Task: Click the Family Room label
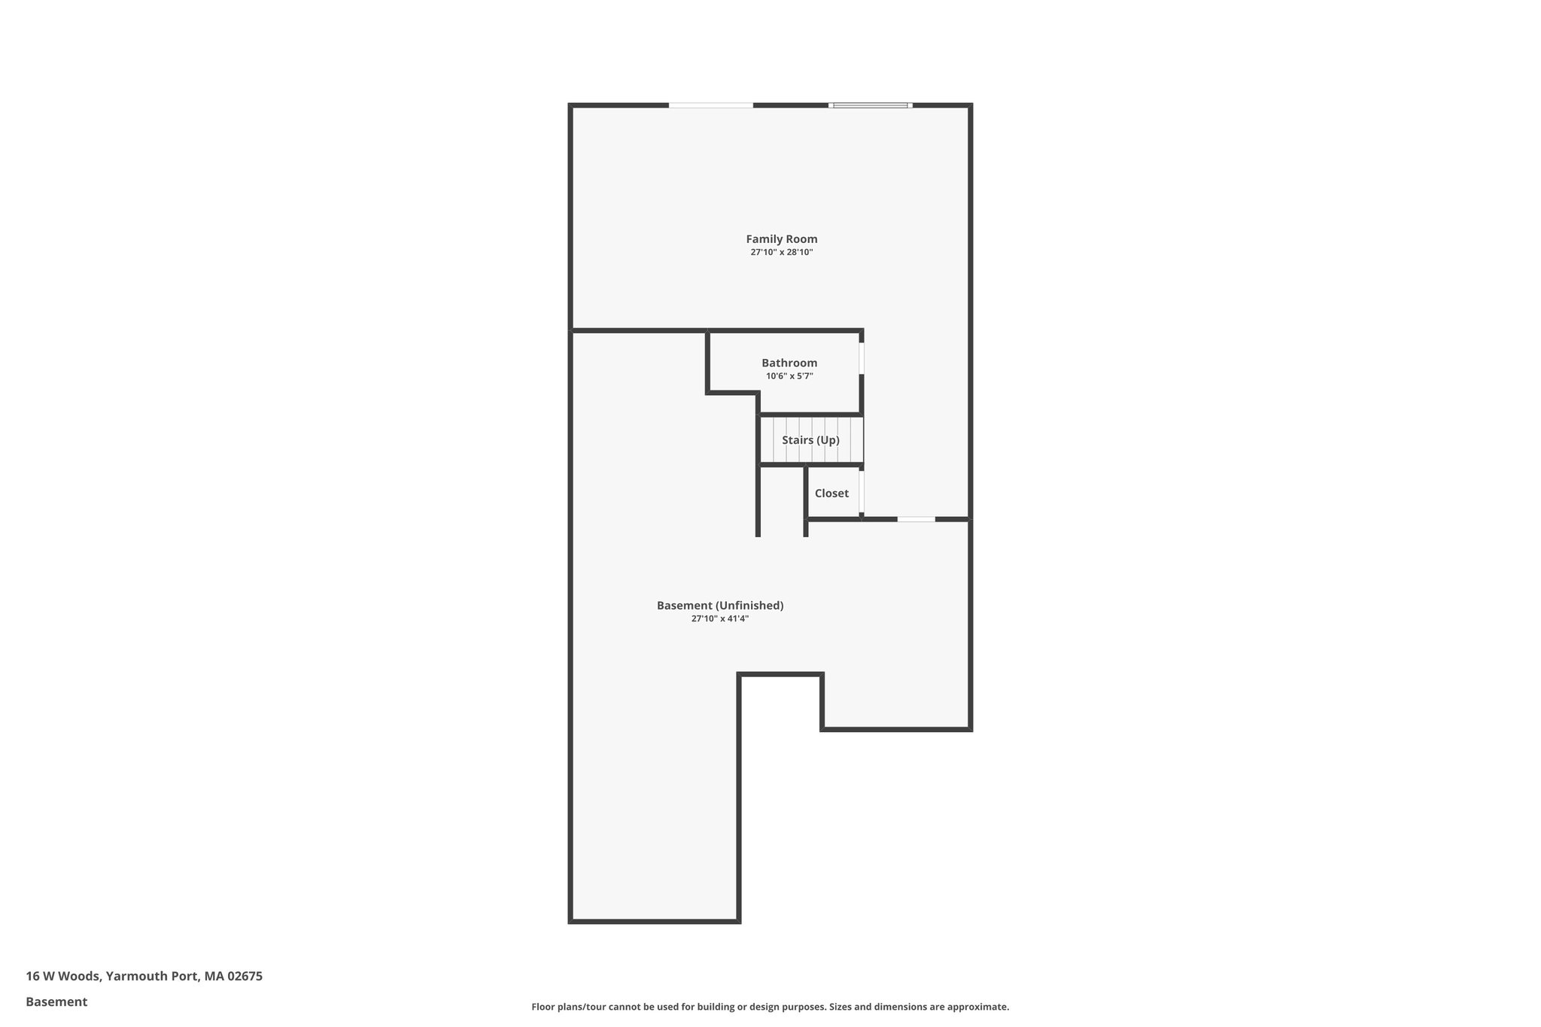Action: pos(781,239)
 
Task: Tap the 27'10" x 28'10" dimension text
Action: pos(781,253)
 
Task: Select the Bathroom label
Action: pos(789,363)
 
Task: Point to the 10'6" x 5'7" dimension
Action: pos(789,376)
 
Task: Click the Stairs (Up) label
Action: pos(810,440)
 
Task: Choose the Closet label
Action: pos(831,494)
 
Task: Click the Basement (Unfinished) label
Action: pos(720,606)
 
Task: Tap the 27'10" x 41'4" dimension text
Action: pos(720,619)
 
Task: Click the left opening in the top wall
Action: pos(710,105)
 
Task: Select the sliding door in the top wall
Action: pos(871,105)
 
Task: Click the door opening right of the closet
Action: pos(916,519)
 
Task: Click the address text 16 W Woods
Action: pos(62,977)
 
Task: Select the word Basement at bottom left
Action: pos(56,1002)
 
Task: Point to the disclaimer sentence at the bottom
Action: pos(770,1007)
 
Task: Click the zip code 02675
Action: pos(245,977)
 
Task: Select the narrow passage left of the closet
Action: pos(782,500)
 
